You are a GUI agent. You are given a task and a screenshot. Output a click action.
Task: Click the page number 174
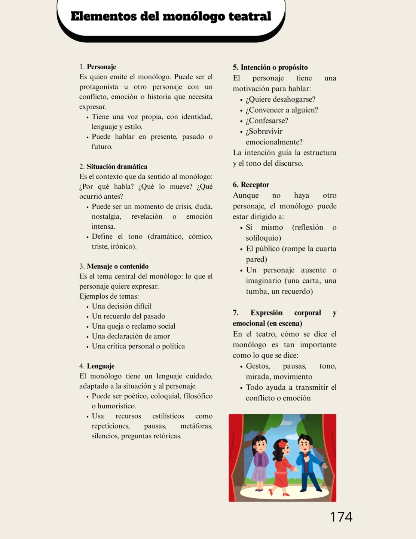341,517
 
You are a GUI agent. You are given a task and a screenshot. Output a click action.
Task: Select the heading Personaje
101,67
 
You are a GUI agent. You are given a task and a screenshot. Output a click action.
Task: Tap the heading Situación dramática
117,167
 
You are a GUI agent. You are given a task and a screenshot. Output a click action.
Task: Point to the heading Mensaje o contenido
117,267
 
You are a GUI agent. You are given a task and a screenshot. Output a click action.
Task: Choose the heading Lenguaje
101,366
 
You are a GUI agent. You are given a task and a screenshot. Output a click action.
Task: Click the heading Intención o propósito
274,67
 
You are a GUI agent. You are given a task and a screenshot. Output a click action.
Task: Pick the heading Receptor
255,185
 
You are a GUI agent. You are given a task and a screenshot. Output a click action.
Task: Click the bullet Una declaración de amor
131,336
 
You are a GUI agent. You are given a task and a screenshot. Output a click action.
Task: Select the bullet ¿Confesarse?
267,121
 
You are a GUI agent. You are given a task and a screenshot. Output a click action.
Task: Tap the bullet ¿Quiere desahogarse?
280,99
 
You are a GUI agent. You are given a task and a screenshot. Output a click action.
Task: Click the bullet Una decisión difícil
122,306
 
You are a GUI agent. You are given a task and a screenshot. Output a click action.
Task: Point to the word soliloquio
263,238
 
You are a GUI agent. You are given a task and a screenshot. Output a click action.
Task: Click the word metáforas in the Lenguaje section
196,426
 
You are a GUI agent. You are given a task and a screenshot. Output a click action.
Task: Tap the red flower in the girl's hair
282,444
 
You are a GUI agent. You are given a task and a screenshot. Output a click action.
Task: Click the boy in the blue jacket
309,462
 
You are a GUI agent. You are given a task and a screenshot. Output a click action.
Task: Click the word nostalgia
106,216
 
